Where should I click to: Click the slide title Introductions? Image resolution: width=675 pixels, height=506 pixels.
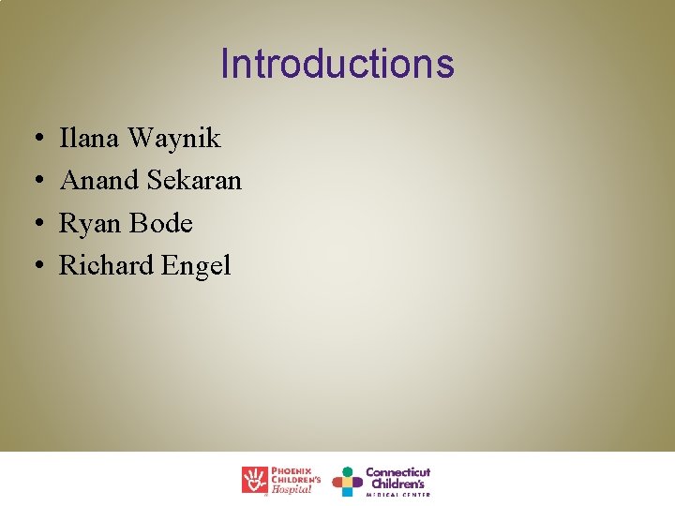(337, 64)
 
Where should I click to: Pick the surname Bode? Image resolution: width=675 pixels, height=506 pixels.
(161, 224)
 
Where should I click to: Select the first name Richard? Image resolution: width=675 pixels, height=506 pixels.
(106, 266)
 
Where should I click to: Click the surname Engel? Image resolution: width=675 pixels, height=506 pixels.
(196, 266)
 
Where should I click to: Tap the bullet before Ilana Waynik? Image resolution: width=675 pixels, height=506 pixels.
(34, 140)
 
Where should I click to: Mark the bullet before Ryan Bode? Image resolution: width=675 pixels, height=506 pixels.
(34, 225)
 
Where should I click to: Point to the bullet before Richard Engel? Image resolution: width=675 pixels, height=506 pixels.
(34, 267)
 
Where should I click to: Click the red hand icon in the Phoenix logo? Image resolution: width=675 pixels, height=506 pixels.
(254, 480)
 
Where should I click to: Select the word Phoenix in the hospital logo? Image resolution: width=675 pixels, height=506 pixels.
(292, 470)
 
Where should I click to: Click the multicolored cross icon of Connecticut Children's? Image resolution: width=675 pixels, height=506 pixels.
(347, 482)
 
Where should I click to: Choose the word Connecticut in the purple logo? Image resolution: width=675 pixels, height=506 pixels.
(397, 472)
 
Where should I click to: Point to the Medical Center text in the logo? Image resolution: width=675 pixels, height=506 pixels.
(397, 494)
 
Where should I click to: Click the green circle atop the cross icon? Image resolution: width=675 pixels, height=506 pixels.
(347, 471)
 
